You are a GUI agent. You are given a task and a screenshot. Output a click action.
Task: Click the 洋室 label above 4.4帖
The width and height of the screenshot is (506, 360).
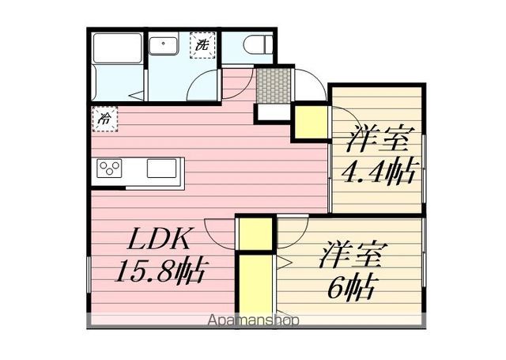378,141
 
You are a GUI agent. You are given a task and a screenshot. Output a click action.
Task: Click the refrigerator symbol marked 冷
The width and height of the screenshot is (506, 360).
104,119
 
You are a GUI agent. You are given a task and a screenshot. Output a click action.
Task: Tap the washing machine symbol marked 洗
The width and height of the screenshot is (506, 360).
202,45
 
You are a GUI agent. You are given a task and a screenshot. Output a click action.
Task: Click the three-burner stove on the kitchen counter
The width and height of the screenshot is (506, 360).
110,169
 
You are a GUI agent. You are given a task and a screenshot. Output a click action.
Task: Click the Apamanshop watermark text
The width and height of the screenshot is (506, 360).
253,320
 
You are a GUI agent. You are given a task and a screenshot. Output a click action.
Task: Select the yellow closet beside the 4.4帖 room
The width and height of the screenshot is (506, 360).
310,122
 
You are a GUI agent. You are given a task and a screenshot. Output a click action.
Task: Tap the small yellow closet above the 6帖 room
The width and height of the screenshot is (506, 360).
255,233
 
